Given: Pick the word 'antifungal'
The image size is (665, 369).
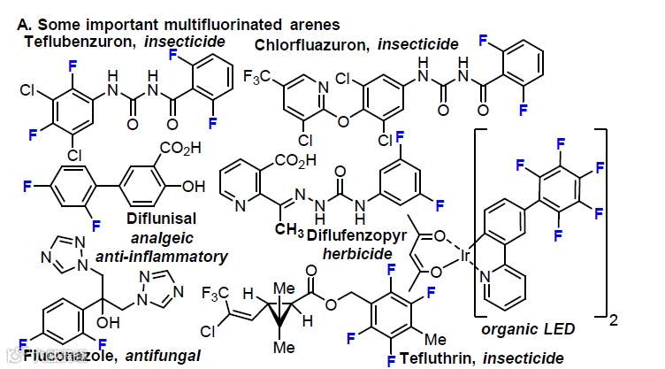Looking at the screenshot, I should pos(164,357).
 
